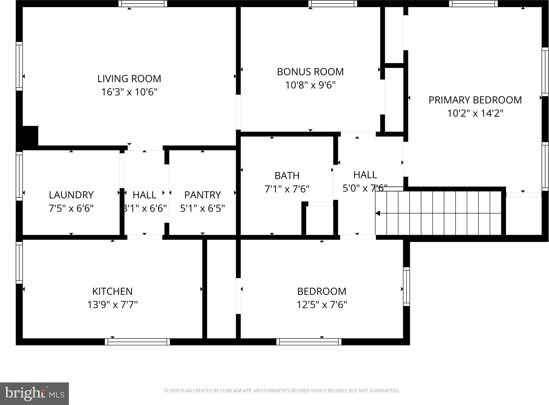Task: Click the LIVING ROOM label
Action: (129, 79)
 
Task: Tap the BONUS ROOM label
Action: (310, 72)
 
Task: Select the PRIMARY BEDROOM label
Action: (475, 100)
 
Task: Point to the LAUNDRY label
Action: (71, 195)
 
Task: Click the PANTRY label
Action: (203, 195)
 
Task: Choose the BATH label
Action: (287, 176)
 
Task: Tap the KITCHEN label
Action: (112, 291)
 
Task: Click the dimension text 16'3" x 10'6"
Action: (129, 92)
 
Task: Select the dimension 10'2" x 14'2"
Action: (475, 113)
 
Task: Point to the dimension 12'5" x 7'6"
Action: (322, 305)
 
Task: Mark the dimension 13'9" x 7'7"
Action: (112, 305)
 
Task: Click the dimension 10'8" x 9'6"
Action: (310, 85)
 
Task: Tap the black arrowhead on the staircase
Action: (378, 213)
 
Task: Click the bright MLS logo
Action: (34, 394)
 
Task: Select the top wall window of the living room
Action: (143, 4)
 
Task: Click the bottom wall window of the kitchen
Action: (137, 342)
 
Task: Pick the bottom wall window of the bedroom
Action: (309, 342)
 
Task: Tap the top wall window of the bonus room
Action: (333, 4)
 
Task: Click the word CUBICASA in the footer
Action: (231, 391)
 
